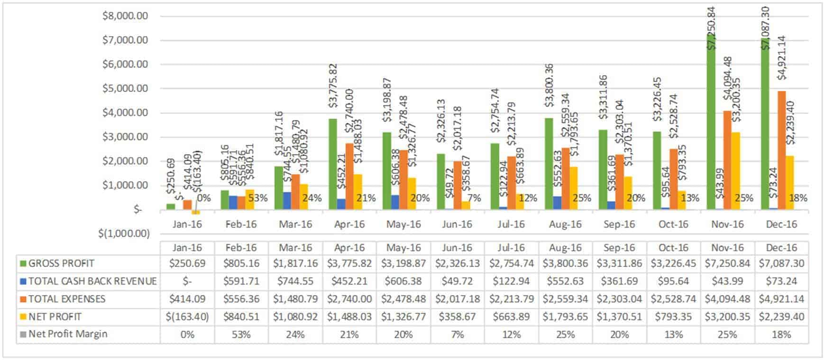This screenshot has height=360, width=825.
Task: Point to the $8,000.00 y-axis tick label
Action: coord(125,16)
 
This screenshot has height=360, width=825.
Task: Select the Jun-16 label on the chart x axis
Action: coord(457,224)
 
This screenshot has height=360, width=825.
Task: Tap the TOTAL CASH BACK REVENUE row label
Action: coord(92,281)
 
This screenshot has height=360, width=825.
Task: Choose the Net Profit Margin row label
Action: coord(67,334)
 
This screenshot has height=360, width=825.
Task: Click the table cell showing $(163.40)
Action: coord(187,316)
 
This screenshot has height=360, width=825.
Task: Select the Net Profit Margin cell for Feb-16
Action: coord(241,334)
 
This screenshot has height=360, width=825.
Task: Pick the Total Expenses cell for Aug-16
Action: coord(565,299)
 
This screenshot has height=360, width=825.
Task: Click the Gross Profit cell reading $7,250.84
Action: coord(727,263)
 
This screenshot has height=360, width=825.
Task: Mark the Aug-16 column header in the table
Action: coord(565,248)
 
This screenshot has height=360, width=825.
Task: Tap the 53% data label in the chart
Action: coord(258,198)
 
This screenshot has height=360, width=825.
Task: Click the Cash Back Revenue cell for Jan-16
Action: coord(187,281)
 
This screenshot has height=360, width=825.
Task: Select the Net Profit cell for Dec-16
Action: coord(781,316)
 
